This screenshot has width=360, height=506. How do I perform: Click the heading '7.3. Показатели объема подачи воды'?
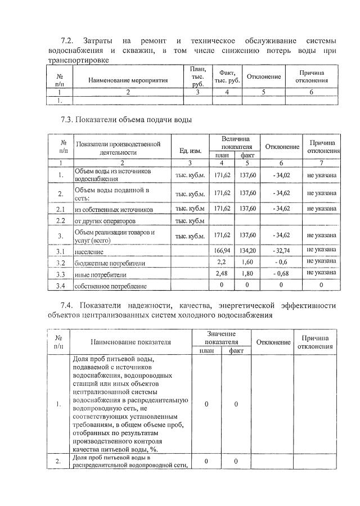click(x=126, y=120)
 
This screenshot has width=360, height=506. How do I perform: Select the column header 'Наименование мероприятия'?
click(x=128, y=80)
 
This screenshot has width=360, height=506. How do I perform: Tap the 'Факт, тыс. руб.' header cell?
click(x=227, y=76)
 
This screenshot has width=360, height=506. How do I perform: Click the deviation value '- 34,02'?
click(x=282, y=175)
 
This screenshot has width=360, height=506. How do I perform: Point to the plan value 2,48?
click(x=223, y=274)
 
